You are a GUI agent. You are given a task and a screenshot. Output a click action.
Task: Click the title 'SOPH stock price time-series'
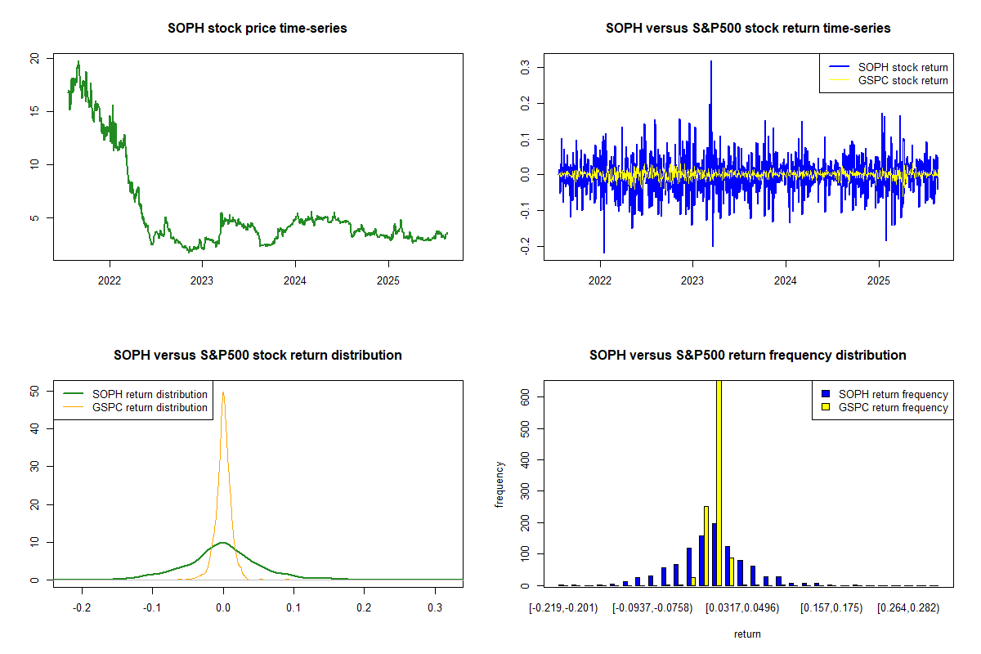(257, 29)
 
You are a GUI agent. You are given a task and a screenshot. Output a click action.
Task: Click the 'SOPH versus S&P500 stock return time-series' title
(747, 29)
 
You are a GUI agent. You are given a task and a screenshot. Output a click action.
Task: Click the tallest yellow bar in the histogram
(719, 482)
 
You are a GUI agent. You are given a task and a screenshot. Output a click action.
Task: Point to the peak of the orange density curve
(223, 392)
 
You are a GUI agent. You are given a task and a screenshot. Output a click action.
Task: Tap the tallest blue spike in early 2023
(711, 62)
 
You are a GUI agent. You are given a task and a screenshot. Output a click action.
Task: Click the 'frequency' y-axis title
(500, 485)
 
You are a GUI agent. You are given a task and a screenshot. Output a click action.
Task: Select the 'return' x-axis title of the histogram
(747, 634)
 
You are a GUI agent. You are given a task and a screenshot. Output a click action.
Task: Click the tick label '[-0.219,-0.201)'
(562, 608)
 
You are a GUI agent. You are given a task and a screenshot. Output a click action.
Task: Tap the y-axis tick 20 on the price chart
(34, 59)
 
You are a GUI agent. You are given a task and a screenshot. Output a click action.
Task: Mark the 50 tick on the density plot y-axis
(34, 391)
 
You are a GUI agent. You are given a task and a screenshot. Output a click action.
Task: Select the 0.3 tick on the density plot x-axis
(435, 608)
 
